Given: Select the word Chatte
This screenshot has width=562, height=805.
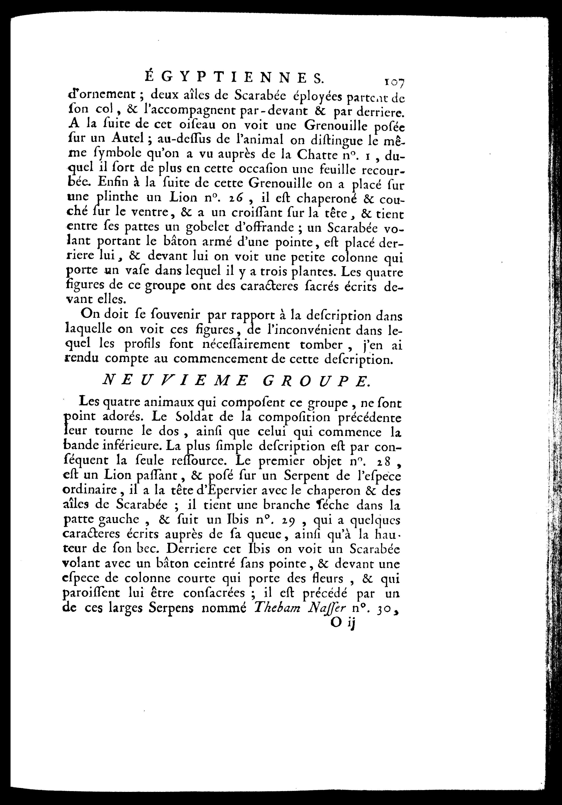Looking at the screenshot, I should point(328,154).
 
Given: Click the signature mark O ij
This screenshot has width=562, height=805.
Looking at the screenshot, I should point(343,625).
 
